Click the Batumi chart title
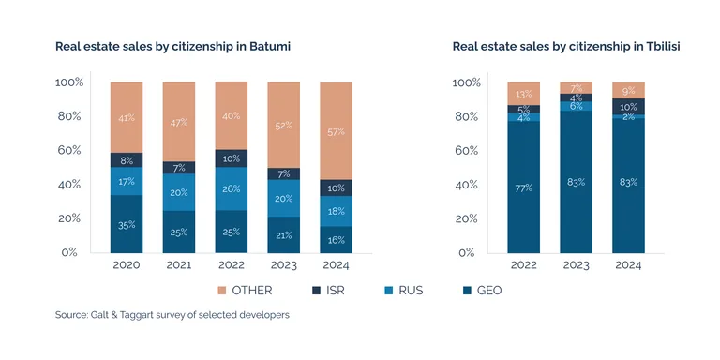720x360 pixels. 172,46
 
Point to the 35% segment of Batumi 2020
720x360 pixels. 127,225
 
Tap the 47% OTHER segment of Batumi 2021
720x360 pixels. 179,122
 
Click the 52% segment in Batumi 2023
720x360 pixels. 284,126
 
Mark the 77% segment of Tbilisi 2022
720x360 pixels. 523,187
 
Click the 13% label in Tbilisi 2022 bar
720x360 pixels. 523,94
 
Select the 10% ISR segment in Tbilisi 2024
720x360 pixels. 628,107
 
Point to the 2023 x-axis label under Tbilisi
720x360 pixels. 576,265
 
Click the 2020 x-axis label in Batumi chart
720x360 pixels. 127,265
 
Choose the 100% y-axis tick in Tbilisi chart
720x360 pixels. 466,82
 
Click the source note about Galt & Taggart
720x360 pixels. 172,315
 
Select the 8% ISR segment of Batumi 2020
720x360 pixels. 127,160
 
